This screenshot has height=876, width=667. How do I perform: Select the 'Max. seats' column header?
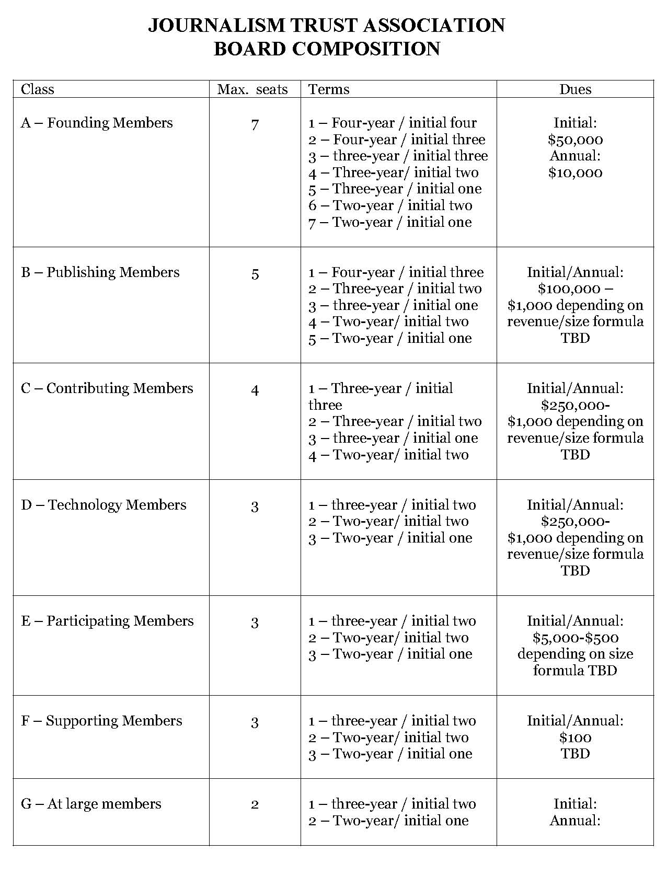(252, 89)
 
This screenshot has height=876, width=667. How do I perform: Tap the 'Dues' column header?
(575, 89)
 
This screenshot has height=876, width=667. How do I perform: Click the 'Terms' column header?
(329, 89)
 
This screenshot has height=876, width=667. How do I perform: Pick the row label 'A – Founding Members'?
(97, 123)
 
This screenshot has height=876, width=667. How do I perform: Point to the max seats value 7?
(255, 125)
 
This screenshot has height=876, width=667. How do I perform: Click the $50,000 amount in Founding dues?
(575, 140)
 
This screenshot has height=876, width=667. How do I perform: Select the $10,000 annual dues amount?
(575, 172)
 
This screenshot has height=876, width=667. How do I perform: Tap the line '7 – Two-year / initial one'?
(390, 222)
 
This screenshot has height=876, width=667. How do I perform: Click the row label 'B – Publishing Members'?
(100, 272)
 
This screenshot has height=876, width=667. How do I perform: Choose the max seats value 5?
(255, 274)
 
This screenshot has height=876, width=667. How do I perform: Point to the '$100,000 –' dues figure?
(575, 289)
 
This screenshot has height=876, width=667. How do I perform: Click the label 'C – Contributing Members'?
(107, 388)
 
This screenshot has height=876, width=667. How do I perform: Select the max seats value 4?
(255, 390)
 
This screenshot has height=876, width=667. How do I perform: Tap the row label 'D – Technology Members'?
(103, 505)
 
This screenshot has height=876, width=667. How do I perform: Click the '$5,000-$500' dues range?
(575, 638)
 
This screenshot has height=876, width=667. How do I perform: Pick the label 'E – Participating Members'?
(107, 621)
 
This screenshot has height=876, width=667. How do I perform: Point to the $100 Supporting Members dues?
(575, 737)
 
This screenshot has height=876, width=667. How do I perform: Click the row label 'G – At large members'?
(91, 804)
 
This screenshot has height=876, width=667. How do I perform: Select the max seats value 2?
(255, 805)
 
